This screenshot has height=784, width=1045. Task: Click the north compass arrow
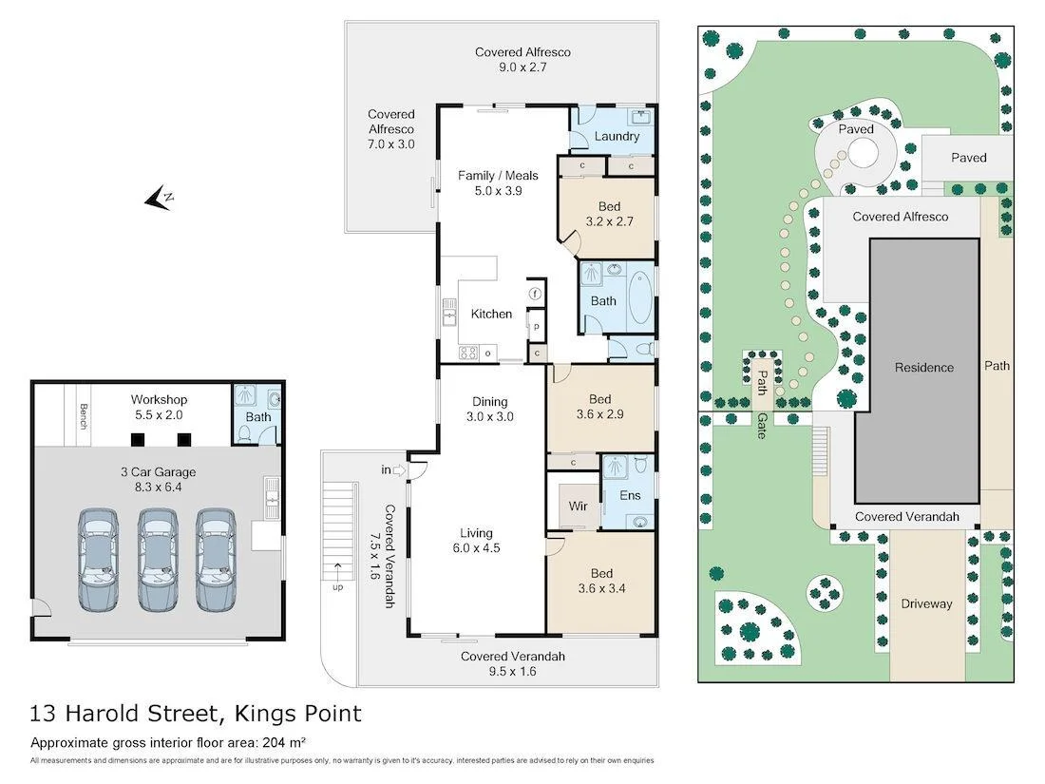pyautogui.click(x=158, y=198)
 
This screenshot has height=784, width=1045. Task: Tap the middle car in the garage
pyautogui.click(x=157, y=560)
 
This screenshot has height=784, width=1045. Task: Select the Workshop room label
pyautogui.click(x=159, y=400)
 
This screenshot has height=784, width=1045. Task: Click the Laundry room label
pyautogui.click(x=617, y=136)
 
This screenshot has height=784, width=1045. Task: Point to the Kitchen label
pyautogui.click(x=491, y=314)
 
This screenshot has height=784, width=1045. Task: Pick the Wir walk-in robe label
pyautogui.click(x=579, y=507)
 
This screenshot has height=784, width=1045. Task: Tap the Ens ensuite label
pyautogui.click(x=629, y=495)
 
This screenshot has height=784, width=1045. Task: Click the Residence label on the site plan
pyautogui.click(x=923, y=367)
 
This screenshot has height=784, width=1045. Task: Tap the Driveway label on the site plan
pyautogui.click(x=926, y=603)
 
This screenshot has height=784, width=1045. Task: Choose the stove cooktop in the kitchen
pyautogui.click(x=468, y=353)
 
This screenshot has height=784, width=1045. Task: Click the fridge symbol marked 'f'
pyautogui.click(x=536, y=294)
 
